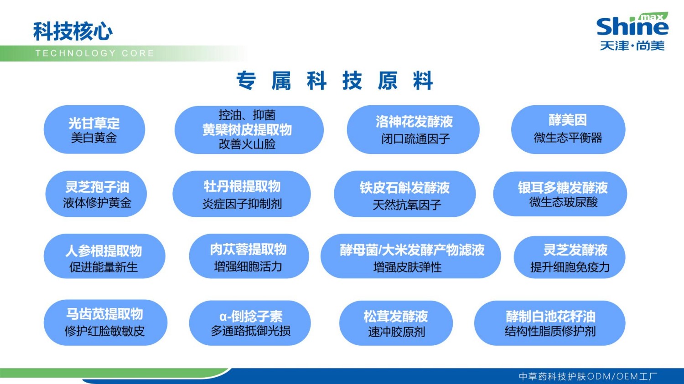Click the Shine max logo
click(x=632, y=31)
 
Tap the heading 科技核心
click(x=73, y=31)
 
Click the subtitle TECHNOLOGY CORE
click(x=95, y=53)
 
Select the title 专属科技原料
click(x=334, y=81)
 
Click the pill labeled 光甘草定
click(x=94, y=130)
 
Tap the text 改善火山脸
click(x=247, y=144)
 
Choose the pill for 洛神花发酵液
click(x=413, y=130)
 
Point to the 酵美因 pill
click(x=568, y=129)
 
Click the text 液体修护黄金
click(x=97, y=203)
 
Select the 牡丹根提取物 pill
click(x=242, y=194)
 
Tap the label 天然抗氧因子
click(x=407, y=205)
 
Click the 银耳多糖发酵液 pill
click(x=560, y=194)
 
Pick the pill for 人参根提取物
click(x=104, y=256)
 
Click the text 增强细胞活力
click(x=248, y=266)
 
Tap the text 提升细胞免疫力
click(x=570, y=267)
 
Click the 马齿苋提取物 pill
click(x=105, y=322)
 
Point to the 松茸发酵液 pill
click(x=396, y=323)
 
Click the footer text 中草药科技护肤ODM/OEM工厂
click(x=588, y=376)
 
